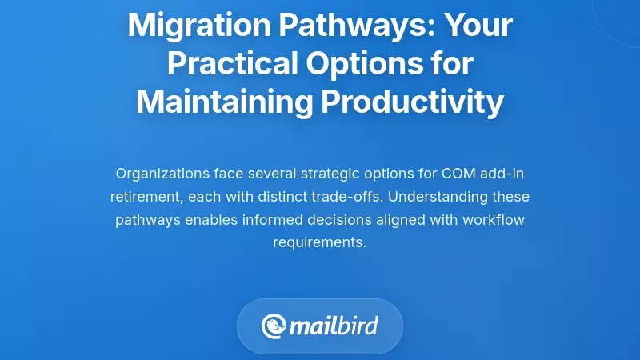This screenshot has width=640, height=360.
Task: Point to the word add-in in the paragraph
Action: pyautogui.click(x=505, y=173)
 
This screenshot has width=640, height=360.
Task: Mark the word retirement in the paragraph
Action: pyautogui.click(x=142, y=196)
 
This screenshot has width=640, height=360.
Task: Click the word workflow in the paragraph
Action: pyautogui.click(x=494, y=219)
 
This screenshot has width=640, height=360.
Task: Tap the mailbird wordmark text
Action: pyautogui.click(x=333, y=326)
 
